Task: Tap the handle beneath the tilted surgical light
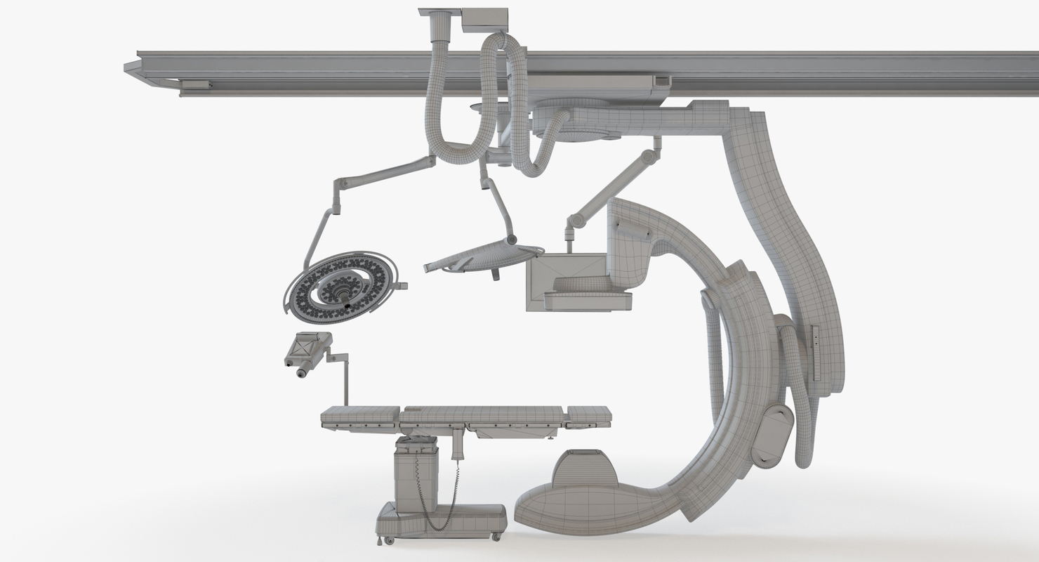tap(496, 275)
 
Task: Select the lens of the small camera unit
tap(301, 374)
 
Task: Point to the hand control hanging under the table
tap(458, 445)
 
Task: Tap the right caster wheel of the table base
tap(496, 537)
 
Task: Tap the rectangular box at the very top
tap(484, 20)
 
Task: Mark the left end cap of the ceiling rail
tap(132, 68)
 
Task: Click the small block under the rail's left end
tap(196, 85)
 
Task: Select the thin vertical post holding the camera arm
tap(345, 383)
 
